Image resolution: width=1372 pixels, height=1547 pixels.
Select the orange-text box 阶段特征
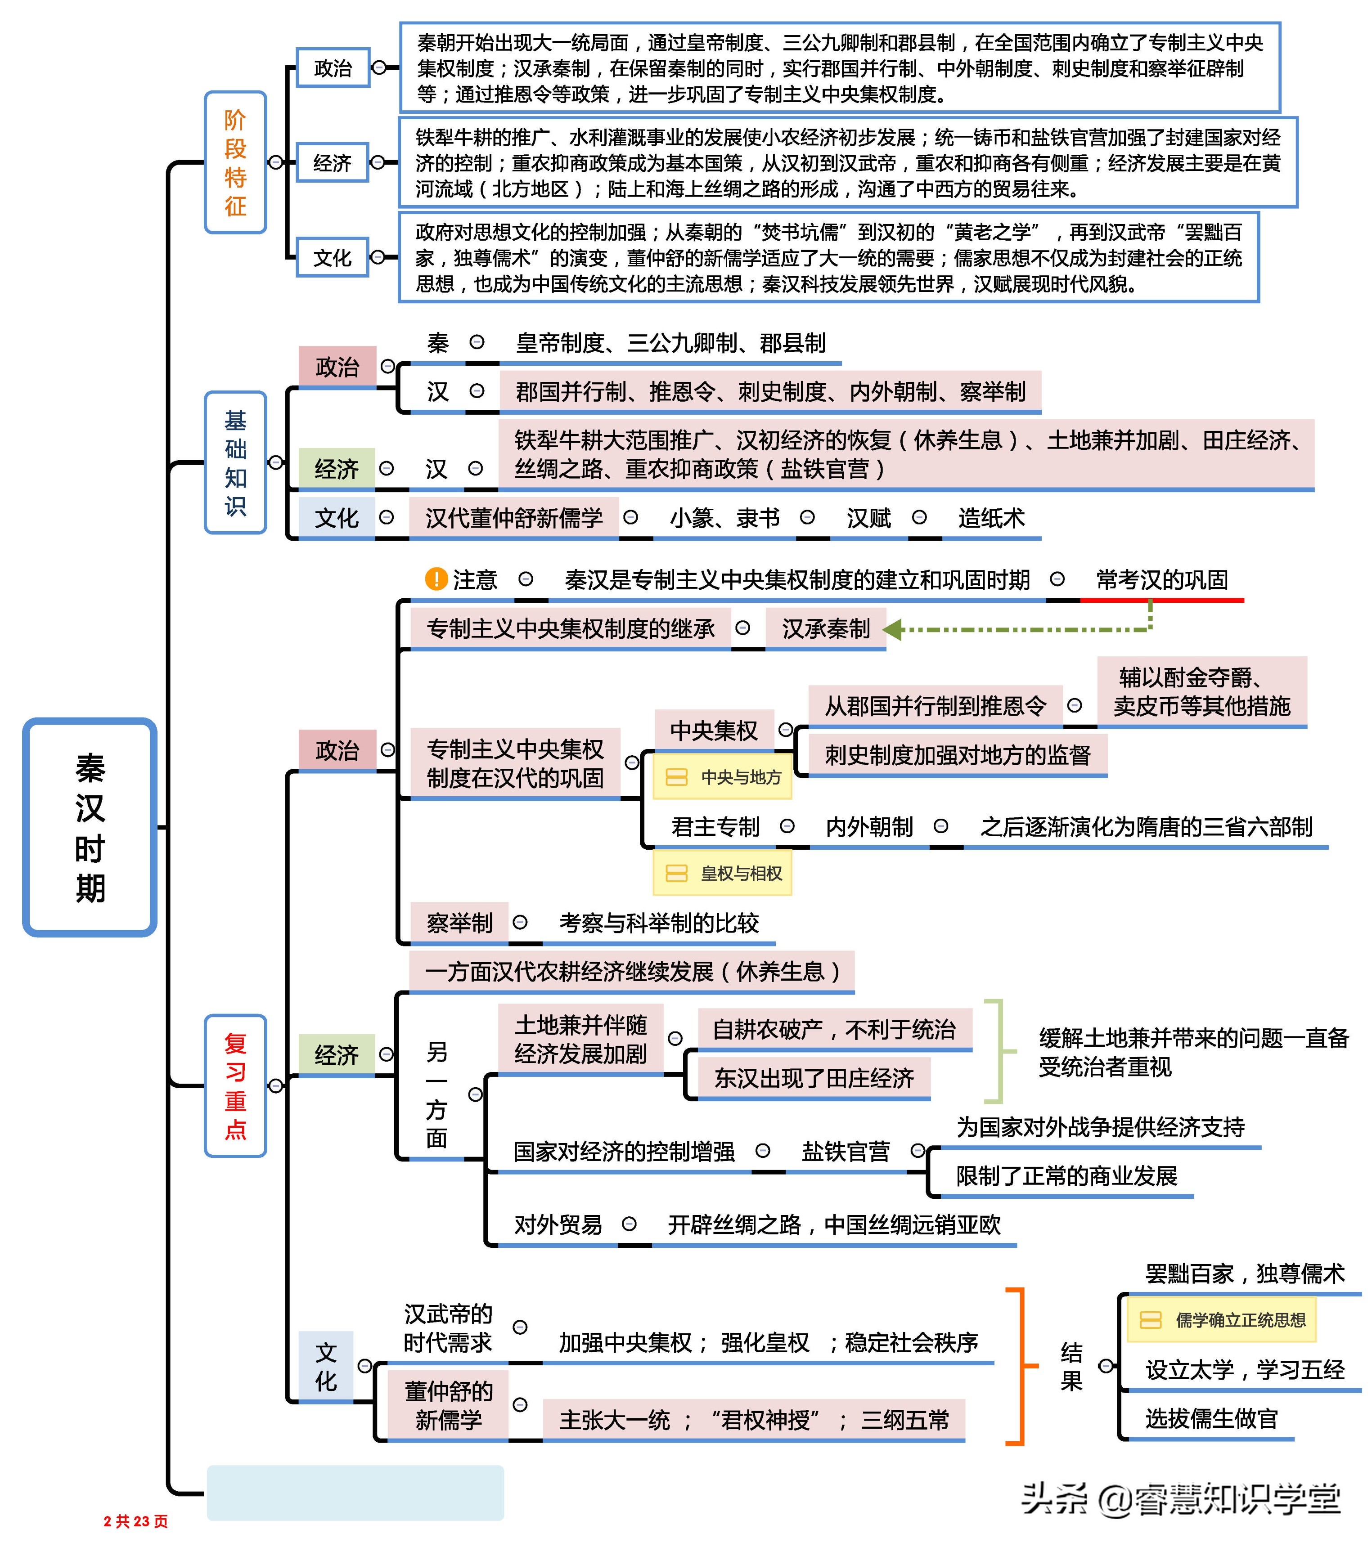pyautogui.click(x=235, y=163)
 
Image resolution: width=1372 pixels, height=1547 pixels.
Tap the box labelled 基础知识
pyautogui.click(x=235, y=462)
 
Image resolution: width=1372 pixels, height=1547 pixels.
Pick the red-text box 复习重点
pyautogui.click(x=235, y=1085)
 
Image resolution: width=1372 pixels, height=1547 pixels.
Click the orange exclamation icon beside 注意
pyautogui.click(x=436, y=580)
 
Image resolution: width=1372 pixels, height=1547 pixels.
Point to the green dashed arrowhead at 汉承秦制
pyautogui.click(x=894, y=629)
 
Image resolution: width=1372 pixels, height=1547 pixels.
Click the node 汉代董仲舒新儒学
pyautogui.click(x=513, y=519)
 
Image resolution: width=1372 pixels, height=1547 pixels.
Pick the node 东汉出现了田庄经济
pyautogui.click(x=814, y=1079)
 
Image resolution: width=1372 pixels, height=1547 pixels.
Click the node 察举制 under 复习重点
pyautogui.click(x=459, y=923)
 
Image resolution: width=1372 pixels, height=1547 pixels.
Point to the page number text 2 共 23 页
pyautogui.click(x=135, y=1521)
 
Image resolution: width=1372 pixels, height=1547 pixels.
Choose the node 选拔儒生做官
pyautogui.click(x=1211, y=1418)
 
